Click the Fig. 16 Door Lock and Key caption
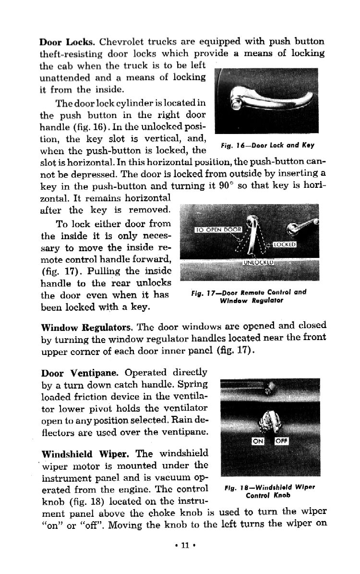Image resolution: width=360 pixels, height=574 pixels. [x=268, y=145]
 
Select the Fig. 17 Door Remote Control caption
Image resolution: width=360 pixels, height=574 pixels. [x=245, y=296]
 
